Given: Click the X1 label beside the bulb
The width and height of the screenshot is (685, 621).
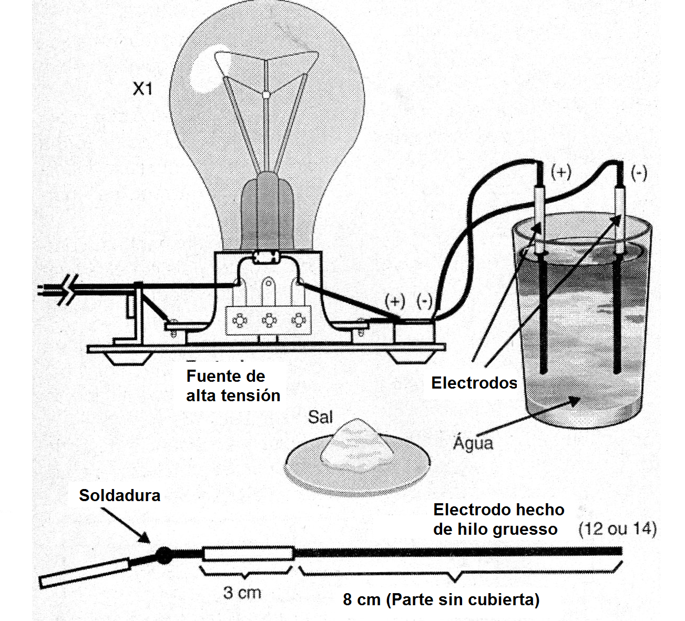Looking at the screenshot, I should click(x=142, y=88).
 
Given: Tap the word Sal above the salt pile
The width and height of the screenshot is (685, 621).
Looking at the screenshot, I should click(x=320, y=417).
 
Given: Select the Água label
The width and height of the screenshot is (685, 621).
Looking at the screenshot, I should click(x=473, y=443).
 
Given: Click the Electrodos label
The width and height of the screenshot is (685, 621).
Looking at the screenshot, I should click(x=474, y=383).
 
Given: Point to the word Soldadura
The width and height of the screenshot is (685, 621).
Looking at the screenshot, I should click(x=119, y=495).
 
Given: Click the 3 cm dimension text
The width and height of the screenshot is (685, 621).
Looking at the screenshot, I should click(x=242, y=593).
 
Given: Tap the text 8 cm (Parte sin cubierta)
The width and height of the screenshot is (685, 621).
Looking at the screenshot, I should click(x=441, y=599).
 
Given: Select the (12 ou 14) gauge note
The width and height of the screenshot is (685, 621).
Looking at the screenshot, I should click(x=617, y=528).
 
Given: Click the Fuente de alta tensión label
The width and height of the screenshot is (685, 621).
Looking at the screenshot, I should click(x=233, y=386).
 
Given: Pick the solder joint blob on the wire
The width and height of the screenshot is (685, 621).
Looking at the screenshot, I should click(x=164, y=555).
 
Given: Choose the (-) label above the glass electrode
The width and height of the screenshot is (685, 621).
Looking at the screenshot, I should click(x=639, y=173).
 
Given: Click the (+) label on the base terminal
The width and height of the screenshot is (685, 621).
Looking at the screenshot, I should click(x=395, y=301).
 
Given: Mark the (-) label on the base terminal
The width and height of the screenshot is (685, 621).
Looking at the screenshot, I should click(x=424, y=301).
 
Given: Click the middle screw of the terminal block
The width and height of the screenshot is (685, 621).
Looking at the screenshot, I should click(x=269, y=320).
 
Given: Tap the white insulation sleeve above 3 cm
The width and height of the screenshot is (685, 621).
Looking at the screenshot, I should click(x=248, y=553).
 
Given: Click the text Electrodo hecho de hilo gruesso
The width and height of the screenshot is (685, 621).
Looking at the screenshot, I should click(x=498, y=519).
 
